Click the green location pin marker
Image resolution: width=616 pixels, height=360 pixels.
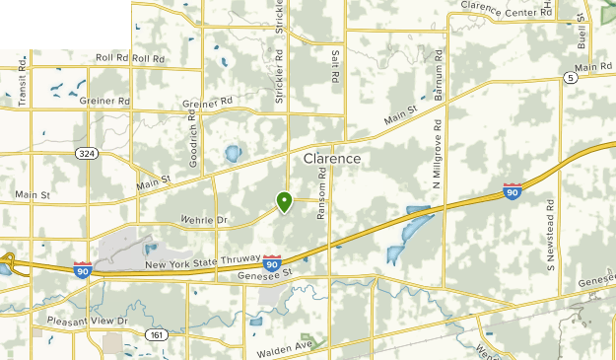coord(284,202)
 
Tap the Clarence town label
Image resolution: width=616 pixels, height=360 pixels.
coord(332,158)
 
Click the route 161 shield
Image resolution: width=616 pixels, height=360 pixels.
coord(156,335)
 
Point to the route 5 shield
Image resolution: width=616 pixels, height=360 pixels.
coord(570,77)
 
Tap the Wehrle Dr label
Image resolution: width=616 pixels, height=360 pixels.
coord(205,219)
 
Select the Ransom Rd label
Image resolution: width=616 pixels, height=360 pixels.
coord(321,190)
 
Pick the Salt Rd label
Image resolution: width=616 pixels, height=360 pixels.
coord(336,66)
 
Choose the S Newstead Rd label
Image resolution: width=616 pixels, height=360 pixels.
coord(551,235)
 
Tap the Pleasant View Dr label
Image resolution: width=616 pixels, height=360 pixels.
coord(88,322)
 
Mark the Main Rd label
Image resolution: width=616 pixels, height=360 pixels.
coord(594,67)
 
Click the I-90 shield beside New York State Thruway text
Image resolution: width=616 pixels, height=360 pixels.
coord(271,263)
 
